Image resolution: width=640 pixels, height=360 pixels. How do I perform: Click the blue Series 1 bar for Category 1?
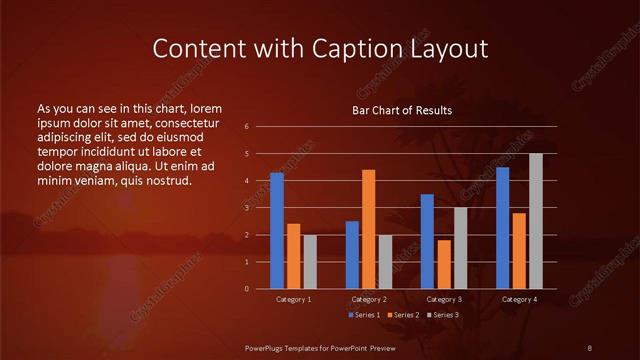point(277,231)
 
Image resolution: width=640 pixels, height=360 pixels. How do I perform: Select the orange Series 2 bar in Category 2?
point(369,229)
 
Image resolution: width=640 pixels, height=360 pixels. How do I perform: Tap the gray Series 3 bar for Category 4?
point(535,221)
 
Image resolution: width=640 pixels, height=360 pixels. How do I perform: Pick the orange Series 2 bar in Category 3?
point(444,264)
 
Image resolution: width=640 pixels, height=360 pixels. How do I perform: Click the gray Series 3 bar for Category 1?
point(310,262)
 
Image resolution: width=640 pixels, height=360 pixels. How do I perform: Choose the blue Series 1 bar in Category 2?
point(352,255)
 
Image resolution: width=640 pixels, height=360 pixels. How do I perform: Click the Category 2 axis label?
point(369,299)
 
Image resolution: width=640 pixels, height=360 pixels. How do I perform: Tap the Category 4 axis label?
point(518,299)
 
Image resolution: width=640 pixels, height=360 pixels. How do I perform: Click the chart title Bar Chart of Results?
point(402,110)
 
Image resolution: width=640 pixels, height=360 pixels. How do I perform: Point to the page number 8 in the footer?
point(590,347)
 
